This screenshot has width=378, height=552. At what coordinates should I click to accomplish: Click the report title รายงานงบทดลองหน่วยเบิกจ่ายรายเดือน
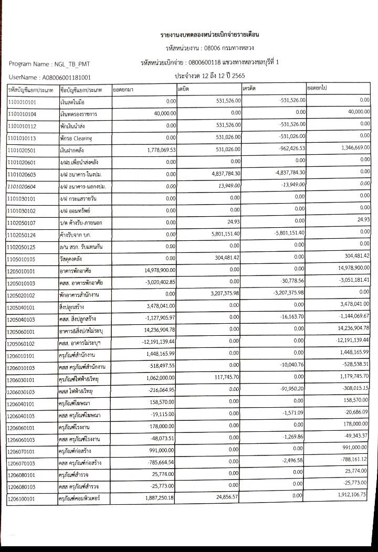(210, 35)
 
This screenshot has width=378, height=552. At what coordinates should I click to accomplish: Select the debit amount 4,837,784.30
(220, 174)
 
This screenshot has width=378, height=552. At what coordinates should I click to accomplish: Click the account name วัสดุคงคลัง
(72, 259)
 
